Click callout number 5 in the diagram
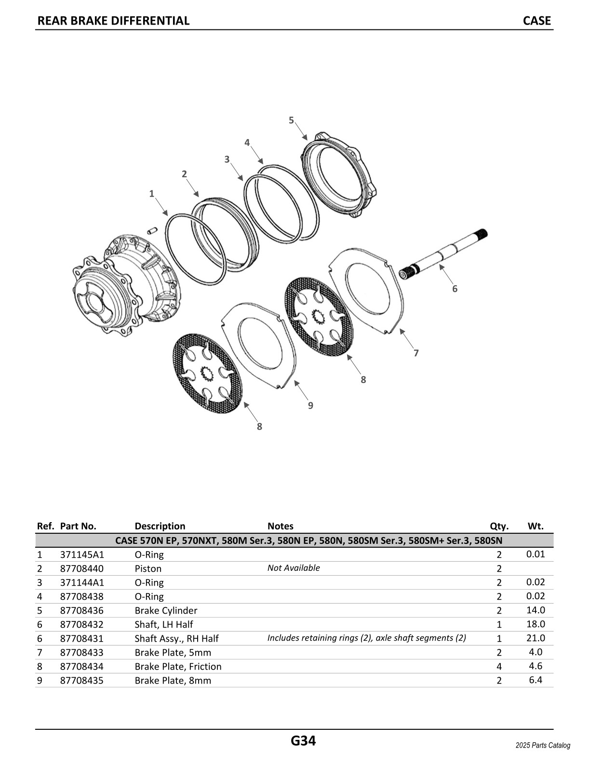(x=291, y=120)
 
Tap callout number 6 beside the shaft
(x=455, y=289)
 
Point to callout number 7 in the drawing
(x=416, y=354)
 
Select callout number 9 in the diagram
(x=310, y=406)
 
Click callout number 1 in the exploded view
(x=151, y=194)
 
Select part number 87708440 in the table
(x=81, y=568)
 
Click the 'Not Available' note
(x=294, y=568)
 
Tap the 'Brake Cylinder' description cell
(x=166, y=610)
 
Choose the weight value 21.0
(x=536, y=638)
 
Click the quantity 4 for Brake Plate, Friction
(x=499, y=667)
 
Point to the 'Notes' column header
(x=280, y=526)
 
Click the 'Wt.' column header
(x=536, y=526)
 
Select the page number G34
(x=303, y=740)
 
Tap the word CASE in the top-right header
(x=536, y=21)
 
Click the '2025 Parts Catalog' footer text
(x=542, y=746)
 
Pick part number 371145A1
(x=82, y=554)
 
